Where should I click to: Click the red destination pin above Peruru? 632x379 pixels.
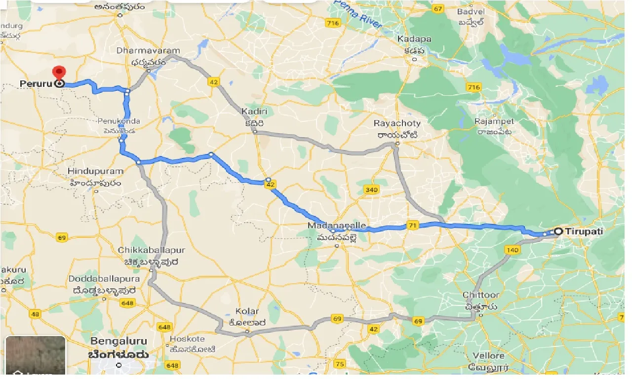[x=59, y=73]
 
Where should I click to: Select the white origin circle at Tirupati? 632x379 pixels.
[x=558, y=231]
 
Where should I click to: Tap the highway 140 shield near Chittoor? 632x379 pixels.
[x=513, y=250]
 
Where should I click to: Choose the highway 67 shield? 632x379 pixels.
[x=437, y=9]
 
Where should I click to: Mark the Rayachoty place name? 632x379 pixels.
[x=397, y=123]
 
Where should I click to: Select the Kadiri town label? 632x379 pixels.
[x=254, y=112]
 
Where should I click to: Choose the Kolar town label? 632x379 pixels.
[x=247, y=311]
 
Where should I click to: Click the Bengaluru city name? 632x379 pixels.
[x=119, y=341]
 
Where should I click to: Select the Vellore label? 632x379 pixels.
[x=488, y=356]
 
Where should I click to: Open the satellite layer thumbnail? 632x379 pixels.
[x=36, y=355]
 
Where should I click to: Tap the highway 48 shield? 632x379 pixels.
[x=35, y=314]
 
